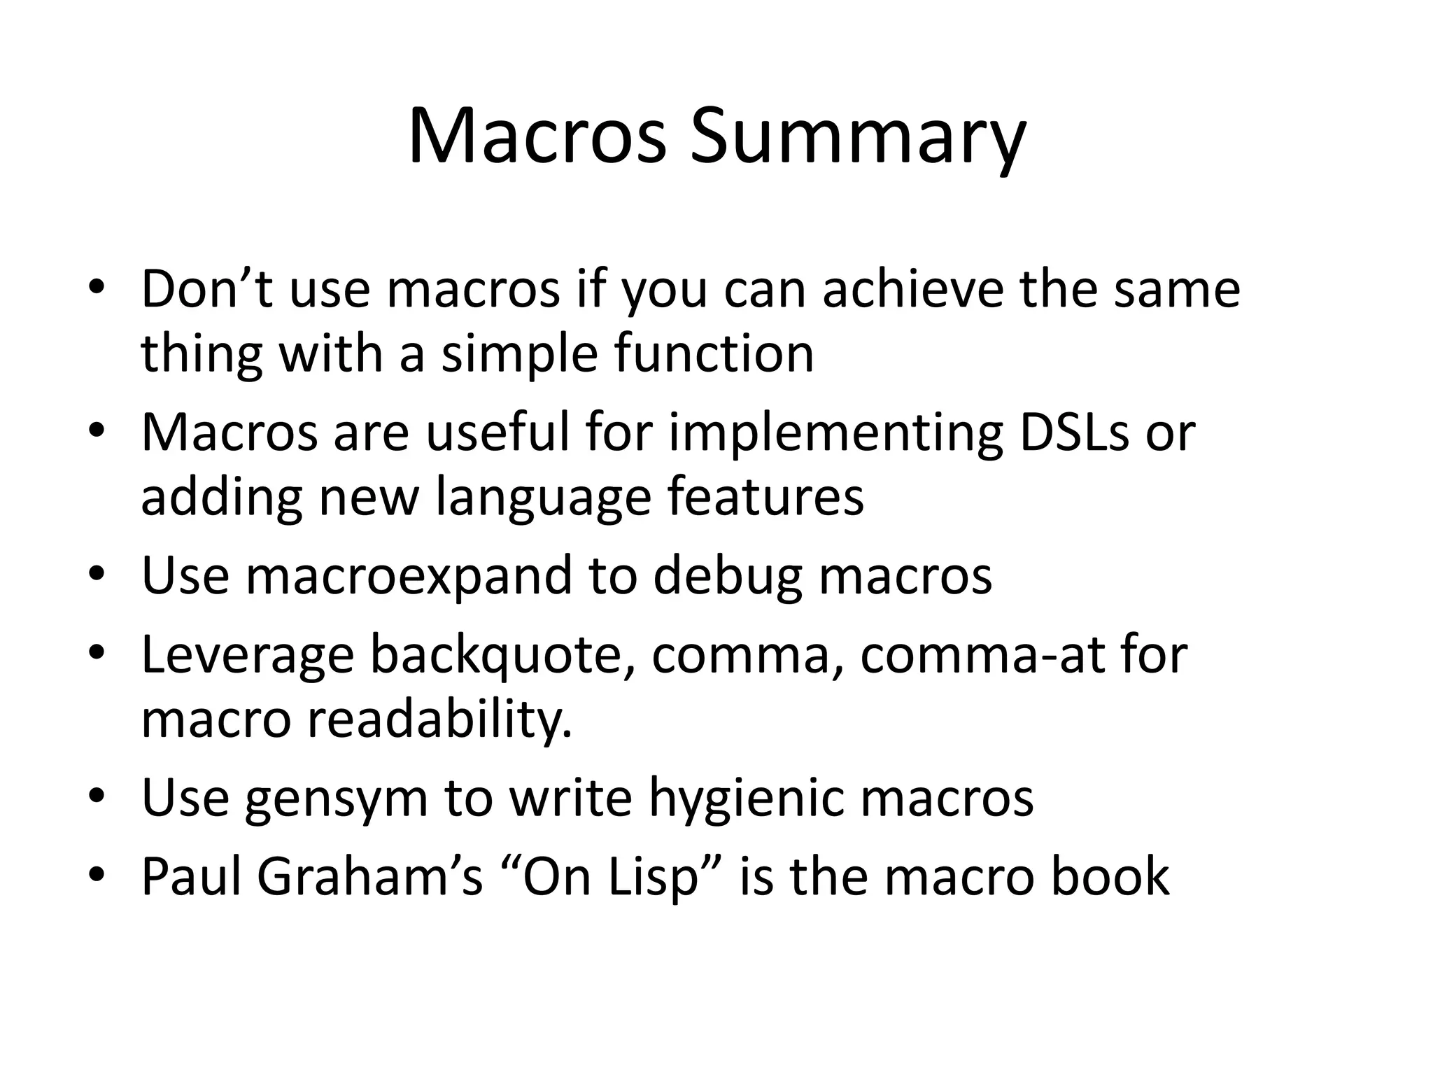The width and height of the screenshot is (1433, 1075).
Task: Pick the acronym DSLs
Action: click(1074, 433)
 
